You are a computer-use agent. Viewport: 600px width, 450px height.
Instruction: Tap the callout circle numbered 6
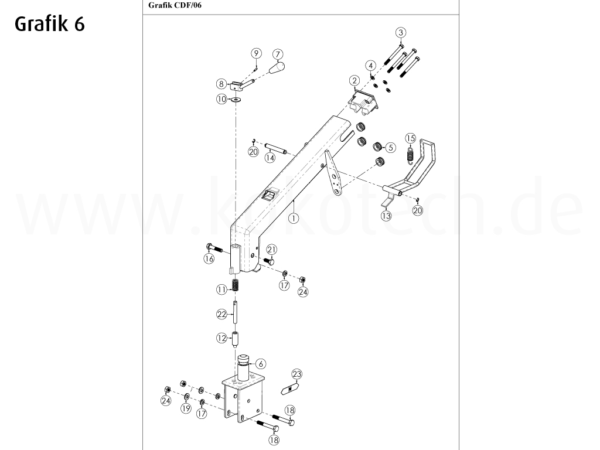click(x=261, y=364)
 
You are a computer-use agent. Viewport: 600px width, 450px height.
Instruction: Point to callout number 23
click(x=297, y=373)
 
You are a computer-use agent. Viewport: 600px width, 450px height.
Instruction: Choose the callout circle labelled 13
click(x=386, y=216)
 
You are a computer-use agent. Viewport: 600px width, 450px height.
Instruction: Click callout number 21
click(x=272, y=250)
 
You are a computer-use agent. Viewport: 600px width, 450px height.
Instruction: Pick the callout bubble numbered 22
click(x=221, y=315)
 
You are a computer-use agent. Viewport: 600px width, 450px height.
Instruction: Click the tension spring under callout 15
click(x=411, y=155)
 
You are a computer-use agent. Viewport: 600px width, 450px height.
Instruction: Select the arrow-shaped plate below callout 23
click(x=292, y=388)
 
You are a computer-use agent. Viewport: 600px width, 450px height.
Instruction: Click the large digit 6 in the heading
click(x=79, y=24)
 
